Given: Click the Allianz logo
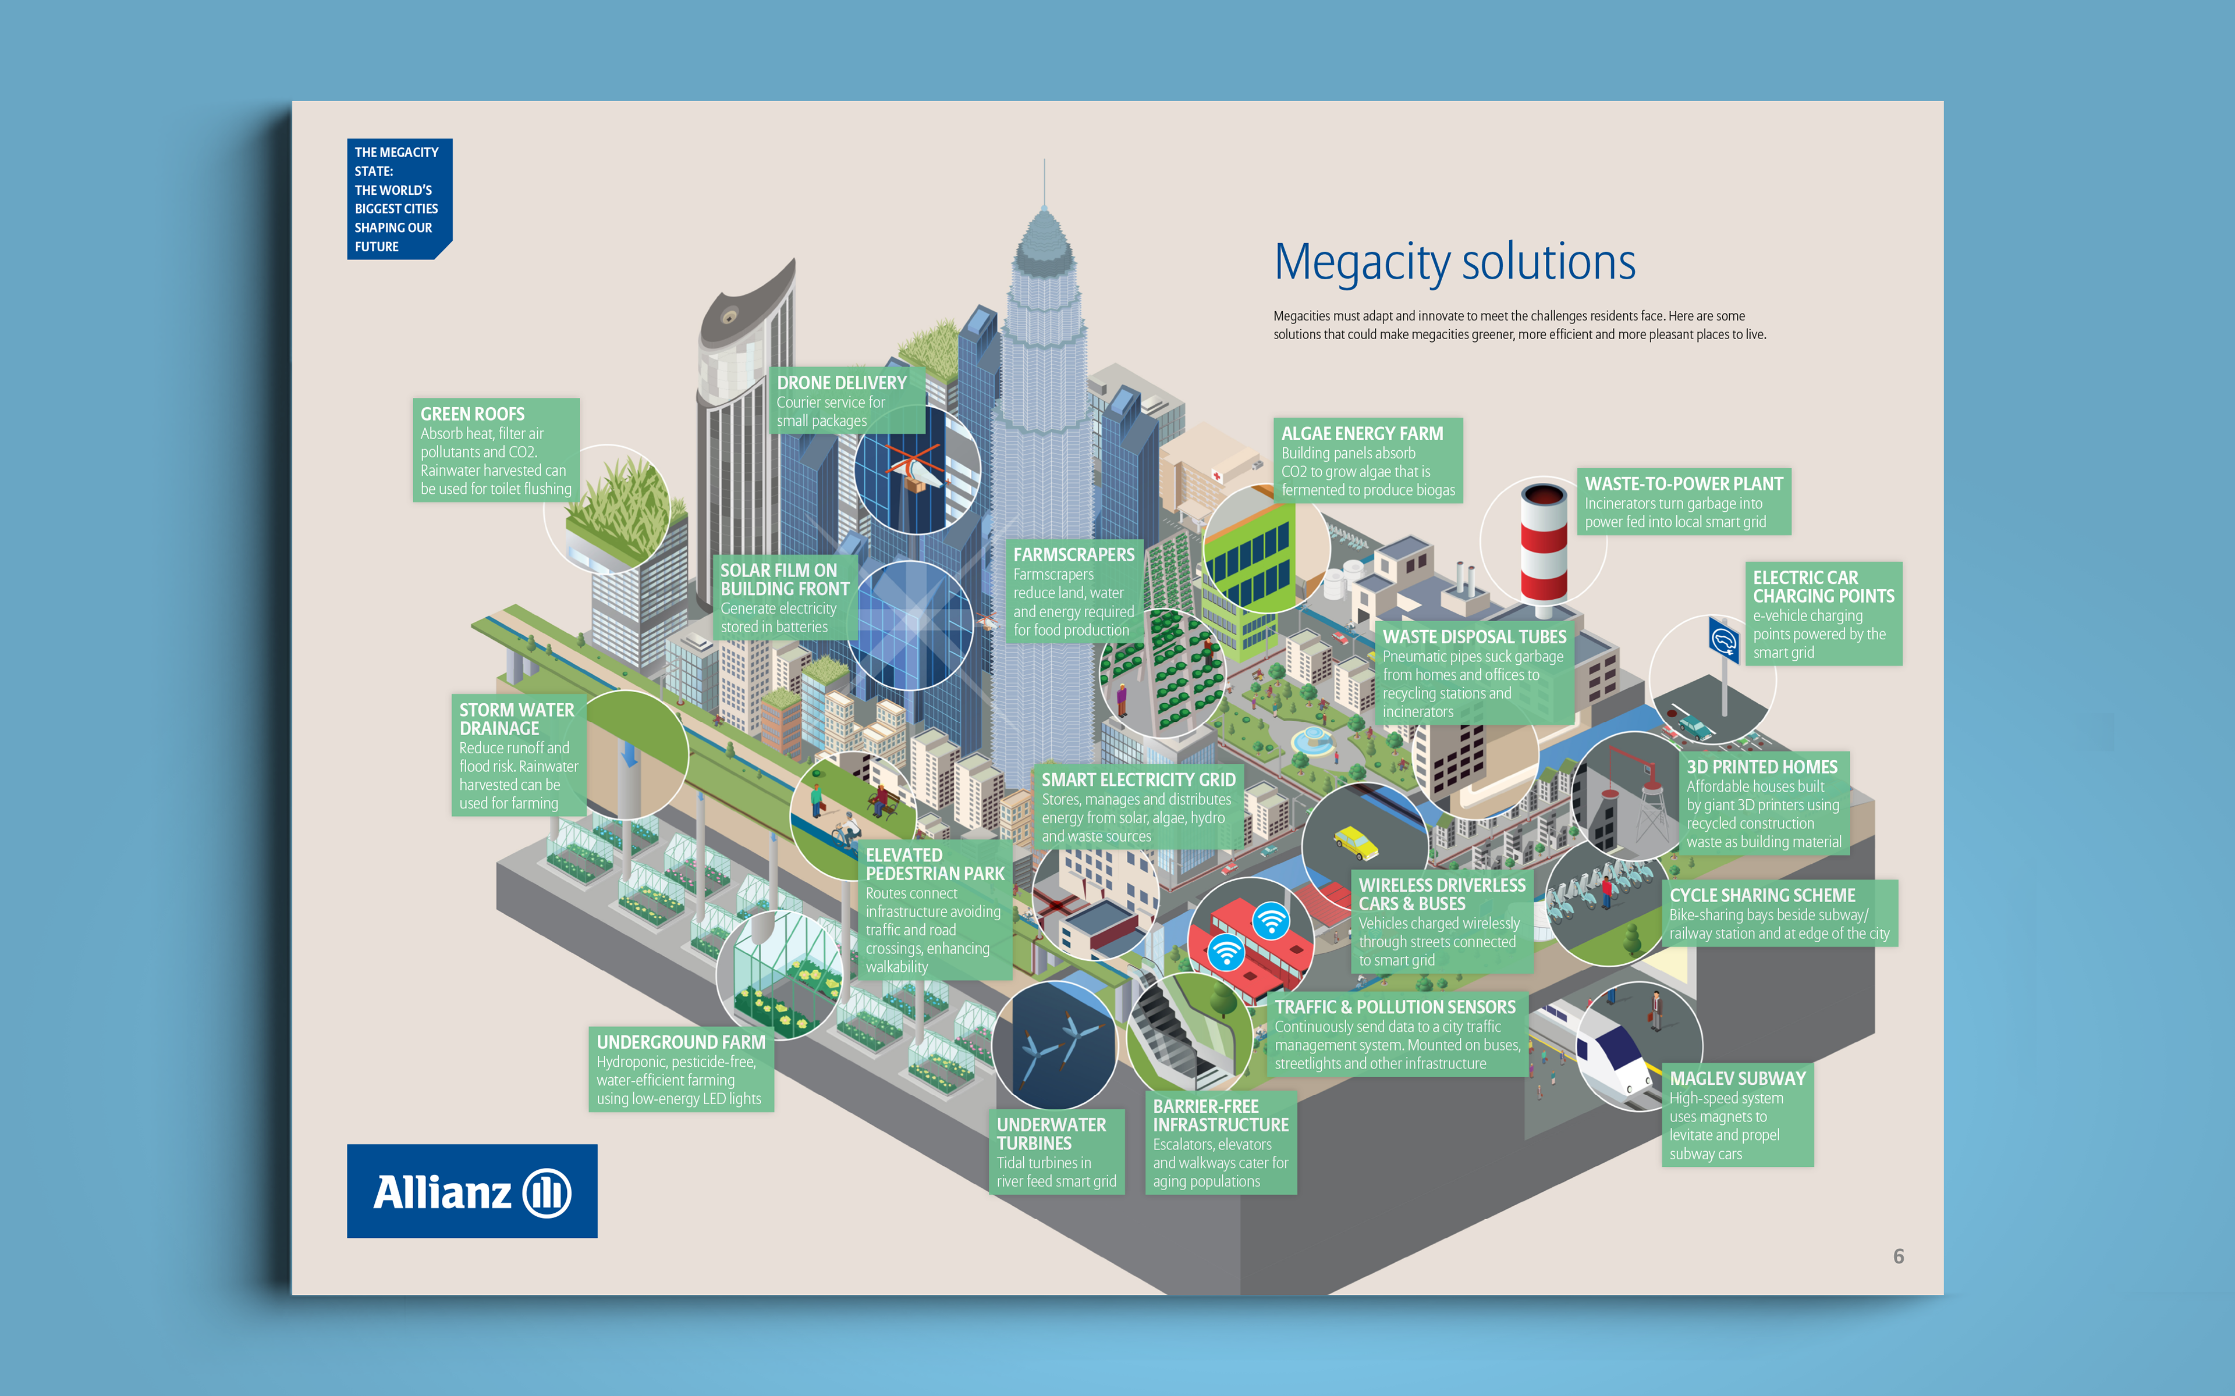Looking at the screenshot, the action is [x=472, y=1191].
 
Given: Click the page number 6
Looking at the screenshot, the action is [x=1898, y=1256].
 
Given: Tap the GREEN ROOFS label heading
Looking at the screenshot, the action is [x=472, y=414].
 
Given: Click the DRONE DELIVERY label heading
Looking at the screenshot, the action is [x=842, y=382].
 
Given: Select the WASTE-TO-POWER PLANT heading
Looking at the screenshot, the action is [x=1683, y=484].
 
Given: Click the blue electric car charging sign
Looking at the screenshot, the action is [x=1723, y=639].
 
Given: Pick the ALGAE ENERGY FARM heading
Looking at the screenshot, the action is [x=1361, y=433].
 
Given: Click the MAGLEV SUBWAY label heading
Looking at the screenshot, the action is [x=1736, y=1078].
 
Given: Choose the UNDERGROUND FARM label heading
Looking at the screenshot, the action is [x=680, y=1041].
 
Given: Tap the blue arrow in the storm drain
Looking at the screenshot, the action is [x=629, y=753].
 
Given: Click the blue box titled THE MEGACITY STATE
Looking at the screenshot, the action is [x=398, y=198].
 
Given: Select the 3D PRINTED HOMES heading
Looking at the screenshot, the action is [x=1761, y=766].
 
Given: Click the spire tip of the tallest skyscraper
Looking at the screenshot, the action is [x=1044, y=165].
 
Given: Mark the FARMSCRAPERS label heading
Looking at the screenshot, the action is [x=1073, y=554].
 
